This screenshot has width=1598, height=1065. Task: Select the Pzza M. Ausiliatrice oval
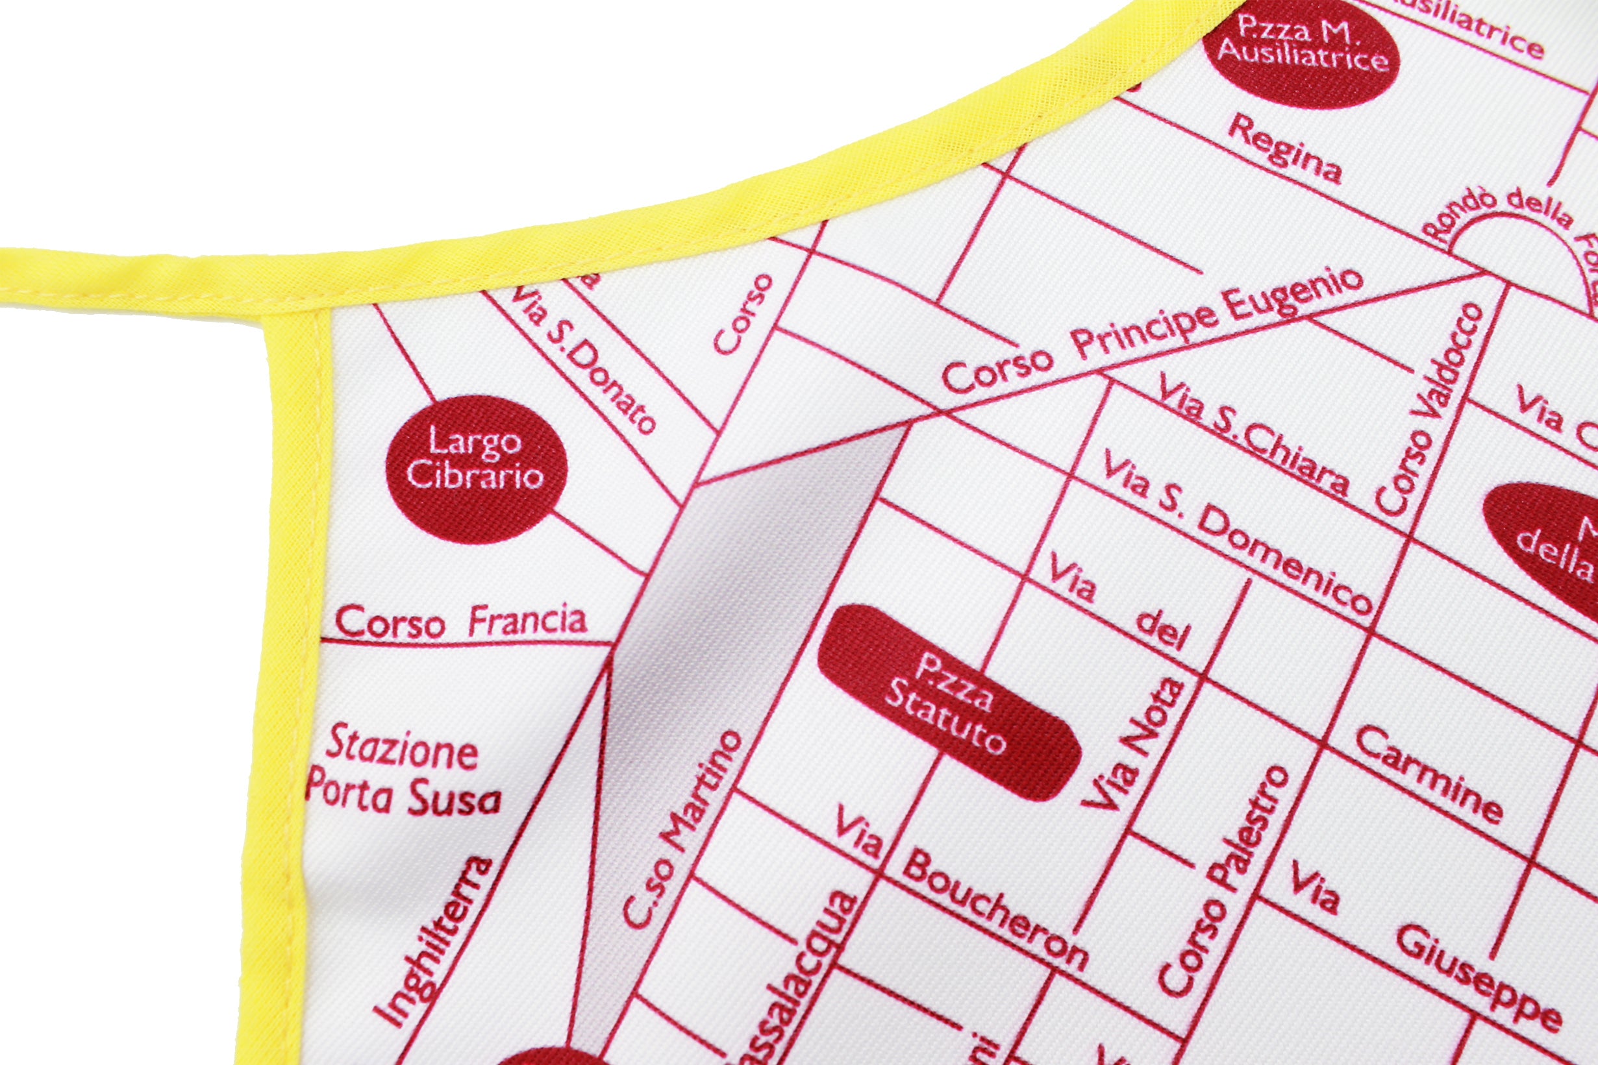[x=1301, y=55]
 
